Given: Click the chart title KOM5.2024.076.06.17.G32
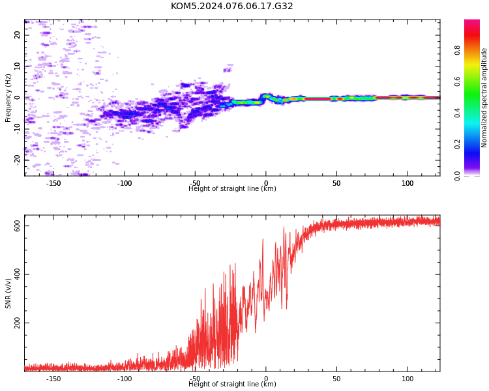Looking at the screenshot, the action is click(x=231, y=6).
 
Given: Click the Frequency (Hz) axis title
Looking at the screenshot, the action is click(x=8, y=98).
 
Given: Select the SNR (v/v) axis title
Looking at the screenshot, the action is click(x=8, y=293).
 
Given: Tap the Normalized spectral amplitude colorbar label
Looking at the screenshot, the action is click(x=484, y=98).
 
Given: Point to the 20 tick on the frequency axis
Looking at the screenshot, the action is click(x=17, y=35).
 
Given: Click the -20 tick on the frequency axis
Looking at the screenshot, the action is click(x=17, y=160).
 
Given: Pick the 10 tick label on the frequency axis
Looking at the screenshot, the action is click(x=17, y=66).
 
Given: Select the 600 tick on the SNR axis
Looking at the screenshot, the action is click(x=17, y=225).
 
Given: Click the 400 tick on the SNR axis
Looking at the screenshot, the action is click(x=17, y=274).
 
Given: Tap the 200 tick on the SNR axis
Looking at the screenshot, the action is click(x=17, y=323).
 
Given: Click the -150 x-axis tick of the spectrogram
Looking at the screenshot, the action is click(x=53, y=183).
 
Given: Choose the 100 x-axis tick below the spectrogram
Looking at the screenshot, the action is click(x=407, y=183).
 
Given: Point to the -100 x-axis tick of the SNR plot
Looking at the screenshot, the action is click(x=124, y=379).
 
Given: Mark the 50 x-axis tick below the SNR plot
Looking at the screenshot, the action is click(x=336, y=379).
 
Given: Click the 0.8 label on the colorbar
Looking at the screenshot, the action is click(x=457, y=50).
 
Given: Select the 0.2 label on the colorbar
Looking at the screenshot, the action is click(x=457, y=144).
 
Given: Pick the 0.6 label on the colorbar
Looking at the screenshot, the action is click(x=457, y=81).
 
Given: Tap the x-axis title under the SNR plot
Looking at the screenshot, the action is click(x=232, y=384).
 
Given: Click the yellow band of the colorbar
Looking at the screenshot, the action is click(x=472, y=66).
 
